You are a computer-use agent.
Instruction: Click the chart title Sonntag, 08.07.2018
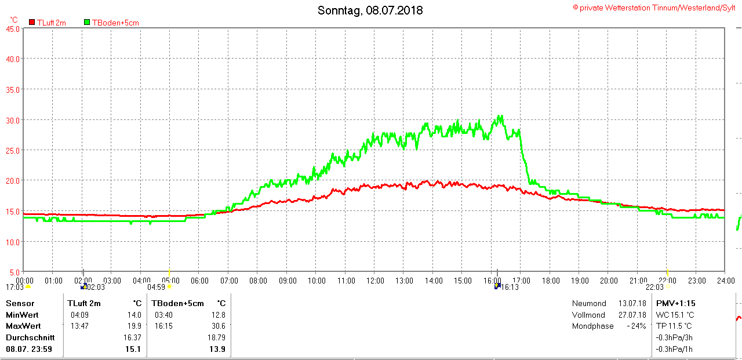pos(370,10)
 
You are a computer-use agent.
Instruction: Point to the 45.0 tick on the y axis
pos(12,28)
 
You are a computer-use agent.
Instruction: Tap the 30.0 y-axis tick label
pos(12,120)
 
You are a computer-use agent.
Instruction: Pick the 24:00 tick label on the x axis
pos(724,281)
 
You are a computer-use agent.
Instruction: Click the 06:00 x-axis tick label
pos(199,281)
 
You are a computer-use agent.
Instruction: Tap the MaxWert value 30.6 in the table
pos(219,326)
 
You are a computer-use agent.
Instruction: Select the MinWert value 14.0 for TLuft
pos(134,315)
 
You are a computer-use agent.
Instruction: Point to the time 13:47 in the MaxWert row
pos(79,326)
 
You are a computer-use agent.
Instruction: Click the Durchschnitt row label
pos(30,337)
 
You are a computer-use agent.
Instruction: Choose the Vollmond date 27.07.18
pos(632,315)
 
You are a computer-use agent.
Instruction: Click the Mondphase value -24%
pos(636,326)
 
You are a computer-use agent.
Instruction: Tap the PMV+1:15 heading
pos(675,303)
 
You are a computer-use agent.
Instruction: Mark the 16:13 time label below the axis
pos(510,287)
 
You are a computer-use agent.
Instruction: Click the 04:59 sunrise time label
pos(157,287)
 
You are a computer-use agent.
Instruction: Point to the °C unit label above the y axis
pos(14,19)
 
